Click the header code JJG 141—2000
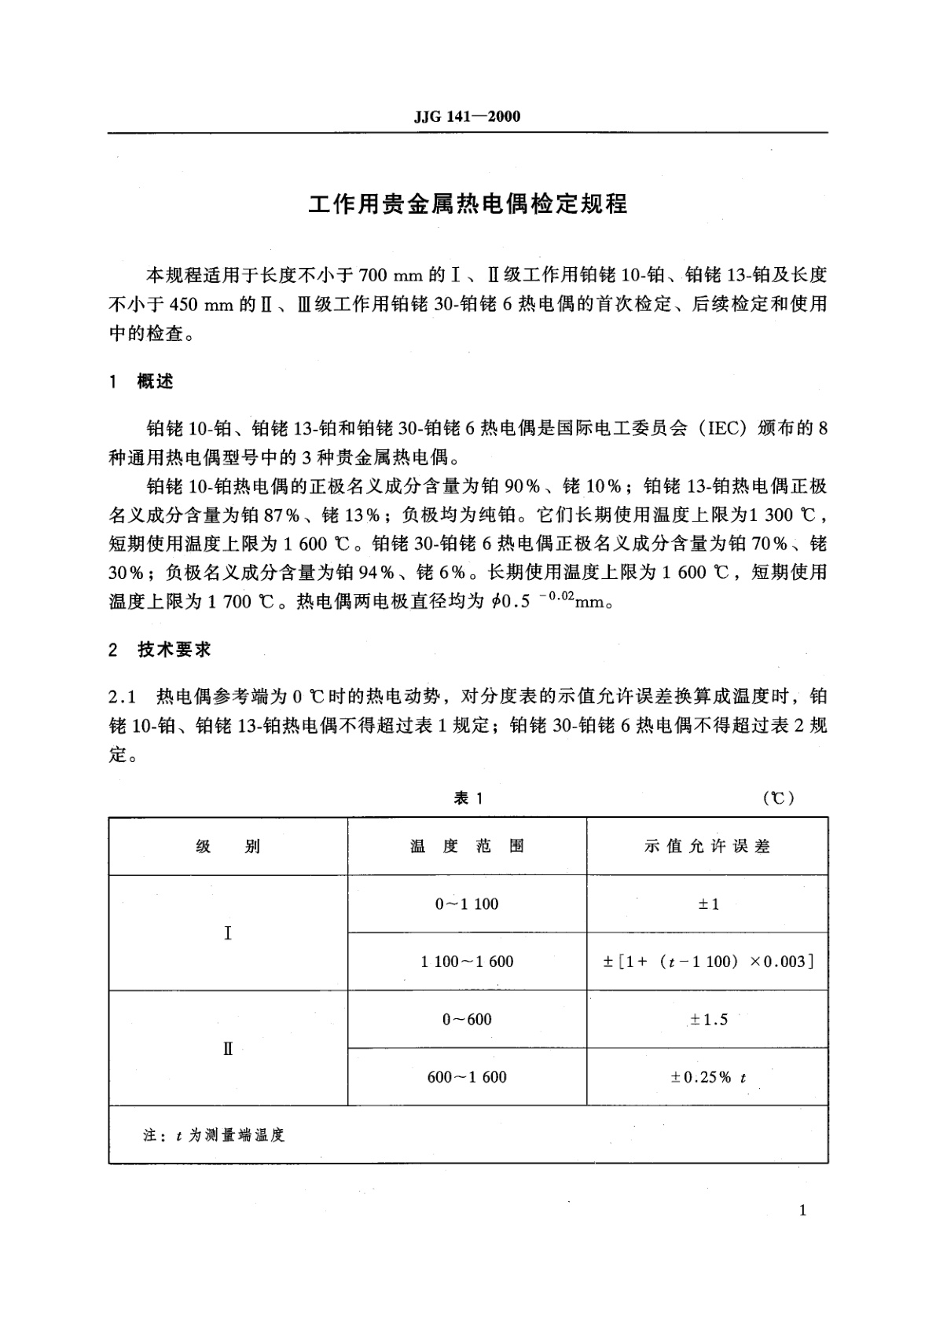467,117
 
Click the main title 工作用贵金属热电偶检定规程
468,203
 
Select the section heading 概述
155,382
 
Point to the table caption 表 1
468,798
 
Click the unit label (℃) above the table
779,798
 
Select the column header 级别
228,846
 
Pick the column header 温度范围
468,846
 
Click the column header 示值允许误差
707,846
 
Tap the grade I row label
228,933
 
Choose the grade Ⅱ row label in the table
228,1049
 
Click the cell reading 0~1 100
468,903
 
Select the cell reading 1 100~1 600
468,962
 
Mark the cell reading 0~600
468,1020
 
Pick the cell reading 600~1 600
468,1077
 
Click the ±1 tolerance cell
708,903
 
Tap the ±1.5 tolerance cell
708,1020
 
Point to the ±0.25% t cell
708,1077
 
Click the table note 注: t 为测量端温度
214,1135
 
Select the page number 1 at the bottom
802,1211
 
